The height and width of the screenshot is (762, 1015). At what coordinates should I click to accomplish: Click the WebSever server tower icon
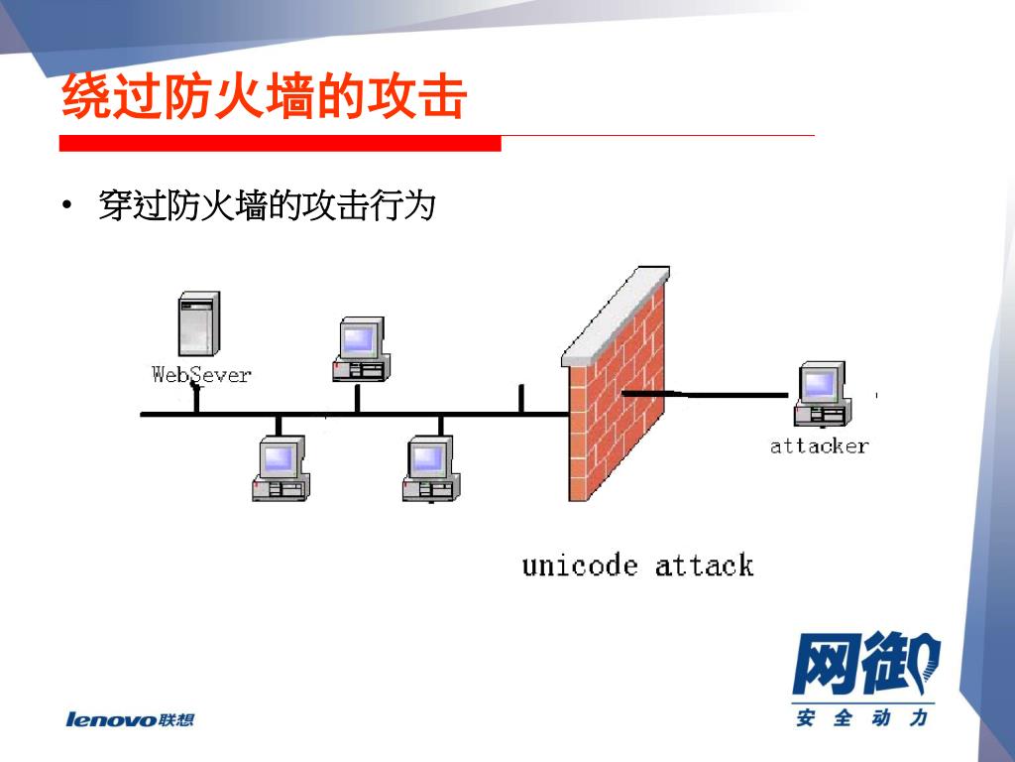click(199, 325)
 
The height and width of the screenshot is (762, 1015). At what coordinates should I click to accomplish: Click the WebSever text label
click(201, 375)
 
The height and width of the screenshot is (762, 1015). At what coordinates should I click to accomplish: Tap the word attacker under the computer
click(819, 446)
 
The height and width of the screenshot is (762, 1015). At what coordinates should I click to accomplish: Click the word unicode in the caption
click(580, 567)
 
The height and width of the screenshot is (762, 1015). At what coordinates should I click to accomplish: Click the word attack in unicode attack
click(704, 567)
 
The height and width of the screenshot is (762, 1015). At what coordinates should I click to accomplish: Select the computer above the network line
click(359, 350)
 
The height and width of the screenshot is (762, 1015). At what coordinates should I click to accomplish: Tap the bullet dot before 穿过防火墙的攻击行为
click(66, 206)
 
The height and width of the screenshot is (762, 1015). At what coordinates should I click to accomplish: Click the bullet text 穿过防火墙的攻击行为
click(268, 206)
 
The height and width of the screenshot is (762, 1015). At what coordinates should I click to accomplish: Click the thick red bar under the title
click(280, 144)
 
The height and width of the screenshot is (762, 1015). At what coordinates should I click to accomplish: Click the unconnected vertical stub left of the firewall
click(521, 399)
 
